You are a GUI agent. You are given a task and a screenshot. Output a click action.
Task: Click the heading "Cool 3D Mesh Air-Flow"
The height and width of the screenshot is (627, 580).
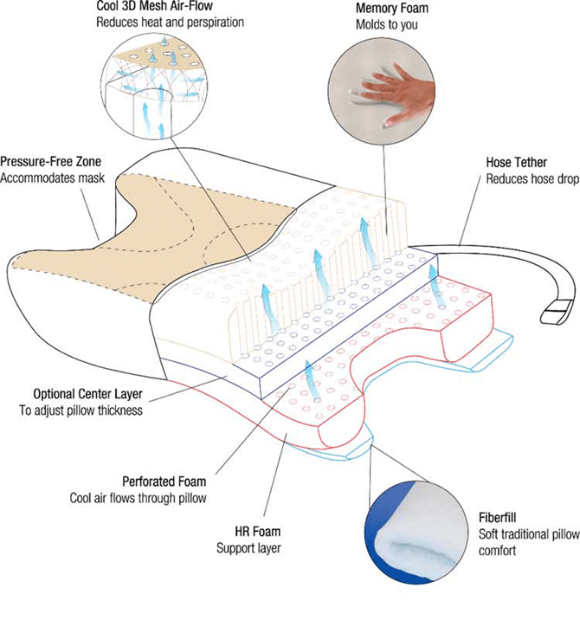tap(156, 7)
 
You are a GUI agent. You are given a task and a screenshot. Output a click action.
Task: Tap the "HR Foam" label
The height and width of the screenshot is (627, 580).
tap(260, 531)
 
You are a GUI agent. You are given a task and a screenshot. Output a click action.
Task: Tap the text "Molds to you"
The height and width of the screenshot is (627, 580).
tap(387, 24)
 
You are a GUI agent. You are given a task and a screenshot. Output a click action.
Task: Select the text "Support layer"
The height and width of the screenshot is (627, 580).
tap(248, 548)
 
